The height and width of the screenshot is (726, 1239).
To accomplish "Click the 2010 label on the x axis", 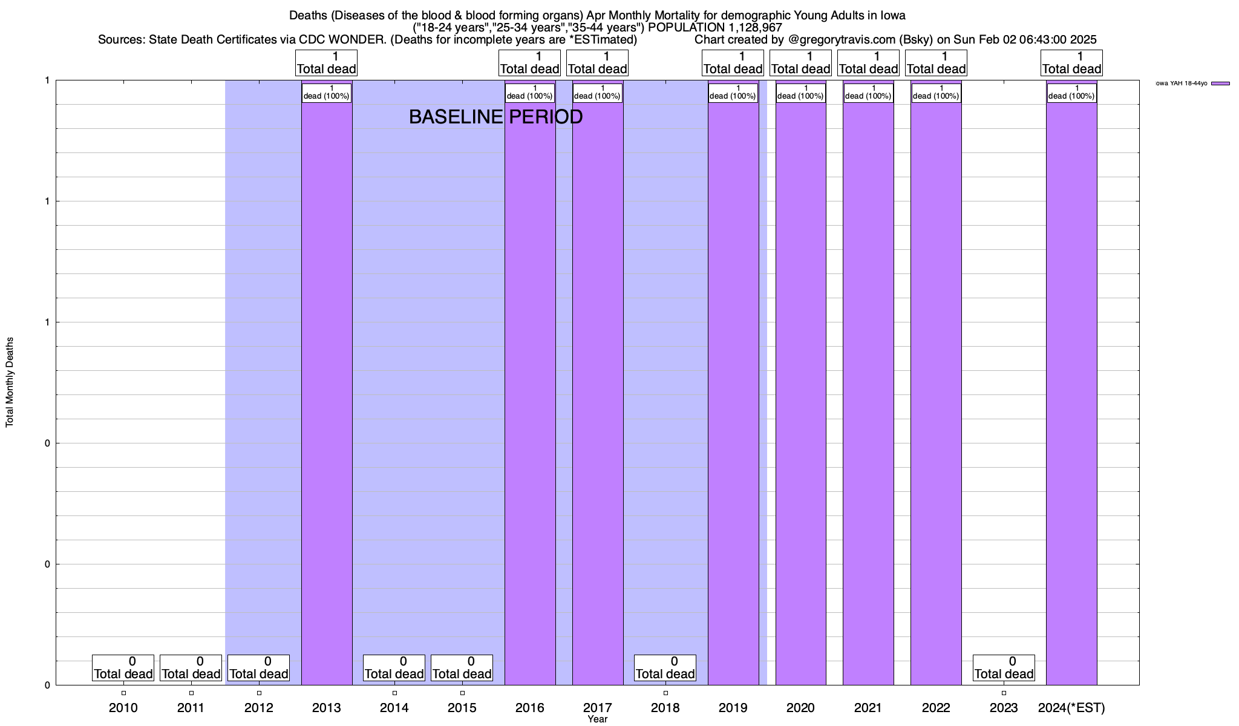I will tap(123, 708).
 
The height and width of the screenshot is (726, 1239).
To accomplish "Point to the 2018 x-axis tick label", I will tap(665, 708).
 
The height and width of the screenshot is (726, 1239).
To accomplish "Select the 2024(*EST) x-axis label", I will tap(1071, 708).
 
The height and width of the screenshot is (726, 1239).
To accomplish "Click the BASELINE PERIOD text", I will tap(495, 117).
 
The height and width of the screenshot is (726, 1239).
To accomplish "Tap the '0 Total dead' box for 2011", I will tap(191, 668).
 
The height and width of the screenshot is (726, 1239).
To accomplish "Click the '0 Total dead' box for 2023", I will tap(1004, 668).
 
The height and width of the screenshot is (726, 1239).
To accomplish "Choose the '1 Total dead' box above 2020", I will tap(800, 63).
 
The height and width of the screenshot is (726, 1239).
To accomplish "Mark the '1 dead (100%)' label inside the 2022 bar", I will tap(936, 93).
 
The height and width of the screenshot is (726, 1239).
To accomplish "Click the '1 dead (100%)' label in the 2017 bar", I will tap(597, 93).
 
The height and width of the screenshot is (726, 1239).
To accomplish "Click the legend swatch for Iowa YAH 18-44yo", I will tap(1220, 83).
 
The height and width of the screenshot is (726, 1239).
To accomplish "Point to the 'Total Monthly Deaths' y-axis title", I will tap(10, 382).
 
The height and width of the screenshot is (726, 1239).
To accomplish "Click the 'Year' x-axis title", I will tap(597, 719).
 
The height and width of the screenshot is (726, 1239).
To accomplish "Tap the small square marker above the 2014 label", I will tap(394, 693).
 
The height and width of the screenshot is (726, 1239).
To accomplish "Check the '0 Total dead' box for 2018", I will tap(665, 668).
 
